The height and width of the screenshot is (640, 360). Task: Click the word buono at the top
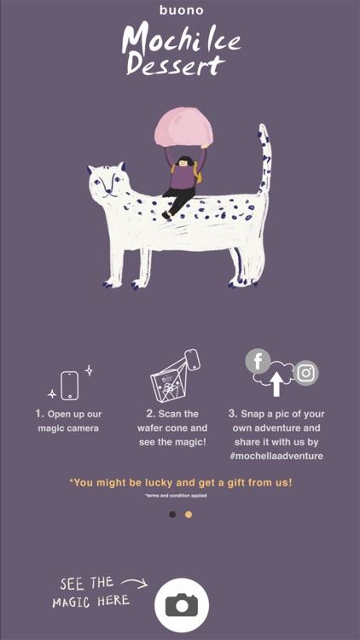pyautogui.click(x=182, y=10)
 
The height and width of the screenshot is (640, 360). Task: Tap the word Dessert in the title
pyautogui.click(x=176, y=65)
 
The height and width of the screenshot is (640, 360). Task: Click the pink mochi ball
pyautogui.click(x=183, y=129)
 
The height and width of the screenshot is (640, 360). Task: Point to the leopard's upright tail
pyautogui.click(x=264, y=160)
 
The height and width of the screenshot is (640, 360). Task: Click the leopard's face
pyautogui.click(x=107, y=182)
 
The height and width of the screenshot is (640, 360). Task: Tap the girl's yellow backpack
pyautogui.click(x=198, y=172)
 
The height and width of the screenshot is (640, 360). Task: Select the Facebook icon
pyautogui.click(x=258, y=361)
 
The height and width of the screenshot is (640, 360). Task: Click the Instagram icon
pyautogui.click(x=305, y=373)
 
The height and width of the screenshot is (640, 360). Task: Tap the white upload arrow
pyautogui.click(x=276, y=383)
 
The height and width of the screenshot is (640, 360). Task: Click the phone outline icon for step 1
pyautogui.click(x=69, y=386)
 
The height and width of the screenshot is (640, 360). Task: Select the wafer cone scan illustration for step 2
pyautogui.click(x=173, y=376)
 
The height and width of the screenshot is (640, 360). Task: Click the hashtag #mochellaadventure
pyautogui.click(x=276, y=456)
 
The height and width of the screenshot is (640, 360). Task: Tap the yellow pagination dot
pyautogui.click(x=189, y=515)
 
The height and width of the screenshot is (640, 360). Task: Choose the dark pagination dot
pyautogui.click(x=172, y=515)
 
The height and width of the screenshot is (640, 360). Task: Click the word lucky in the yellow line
pyautogui.click(x=160, y=483)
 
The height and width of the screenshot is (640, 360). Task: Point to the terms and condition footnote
pyautogui.click(x=176, y=496)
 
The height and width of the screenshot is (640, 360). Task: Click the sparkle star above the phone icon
pyautogui.click(x=89, y=370)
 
